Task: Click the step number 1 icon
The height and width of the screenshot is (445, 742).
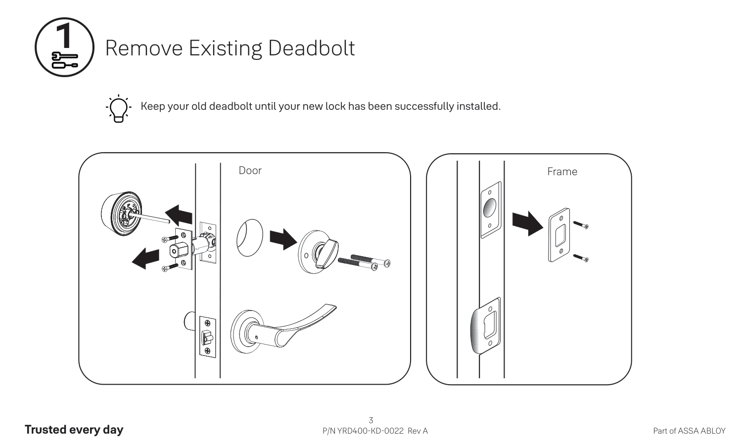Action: click(64, 47)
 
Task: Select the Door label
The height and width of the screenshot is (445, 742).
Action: click(250, 171)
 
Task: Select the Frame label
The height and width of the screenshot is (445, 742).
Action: click(562, 172)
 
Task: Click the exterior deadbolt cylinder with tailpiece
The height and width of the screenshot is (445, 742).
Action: click(121, 214)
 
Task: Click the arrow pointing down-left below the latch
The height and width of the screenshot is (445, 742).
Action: click(146, 258)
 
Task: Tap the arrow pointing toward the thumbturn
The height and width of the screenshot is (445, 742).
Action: click(283, 239)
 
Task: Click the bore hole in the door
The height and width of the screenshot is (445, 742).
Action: click(249, 238)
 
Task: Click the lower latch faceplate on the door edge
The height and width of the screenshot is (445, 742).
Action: click(207, 336)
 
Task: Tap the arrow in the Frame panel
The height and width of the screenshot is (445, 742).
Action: click(527, 223)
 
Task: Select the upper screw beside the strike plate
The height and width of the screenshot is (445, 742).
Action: click(581, 225)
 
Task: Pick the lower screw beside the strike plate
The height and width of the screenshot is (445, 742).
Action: click(581, 258)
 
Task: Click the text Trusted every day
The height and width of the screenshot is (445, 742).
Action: click(74, 430)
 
